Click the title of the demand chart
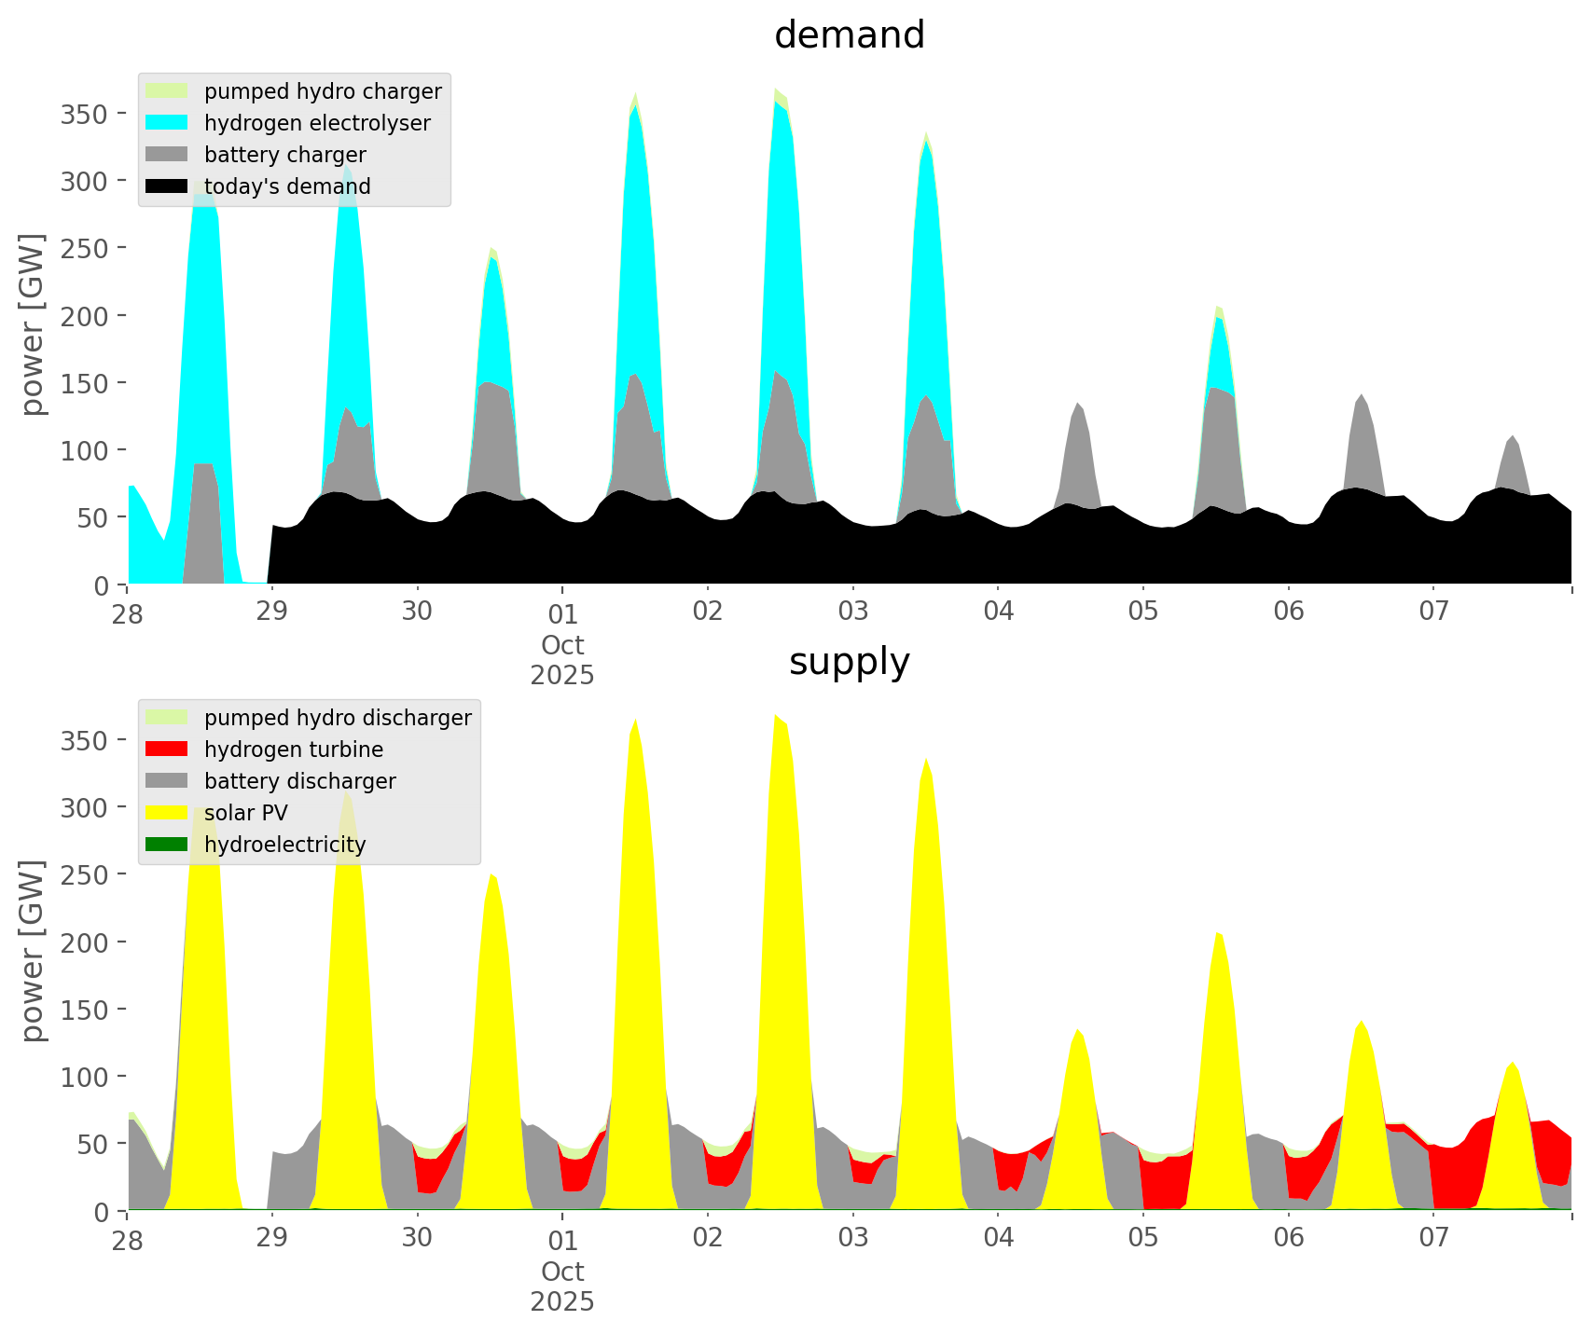pos(849,35)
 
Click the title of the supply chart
pos(849,662)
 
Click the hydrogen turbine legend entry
pos(294,750)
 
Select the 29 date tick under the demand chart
pos(272,612)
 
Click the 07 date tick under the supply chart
pos(1434,1239)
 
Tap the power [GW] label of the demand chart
pos(32,324)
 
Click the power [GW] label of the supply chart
pos(32,951)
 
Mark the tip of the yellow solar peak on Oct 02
pos(775,715)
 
